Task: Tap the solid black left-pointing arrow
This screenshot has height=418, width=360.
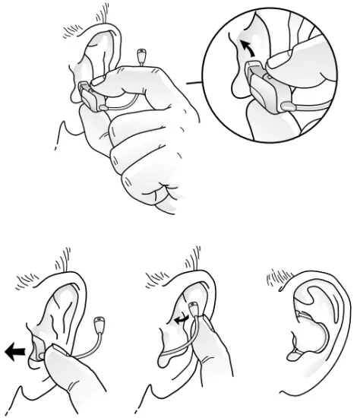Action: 14,351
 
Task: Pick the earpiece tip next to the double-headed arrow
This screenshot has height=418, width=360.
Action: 196,309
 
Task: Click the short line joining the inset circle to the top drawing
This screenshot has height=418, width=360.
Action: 199,82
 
